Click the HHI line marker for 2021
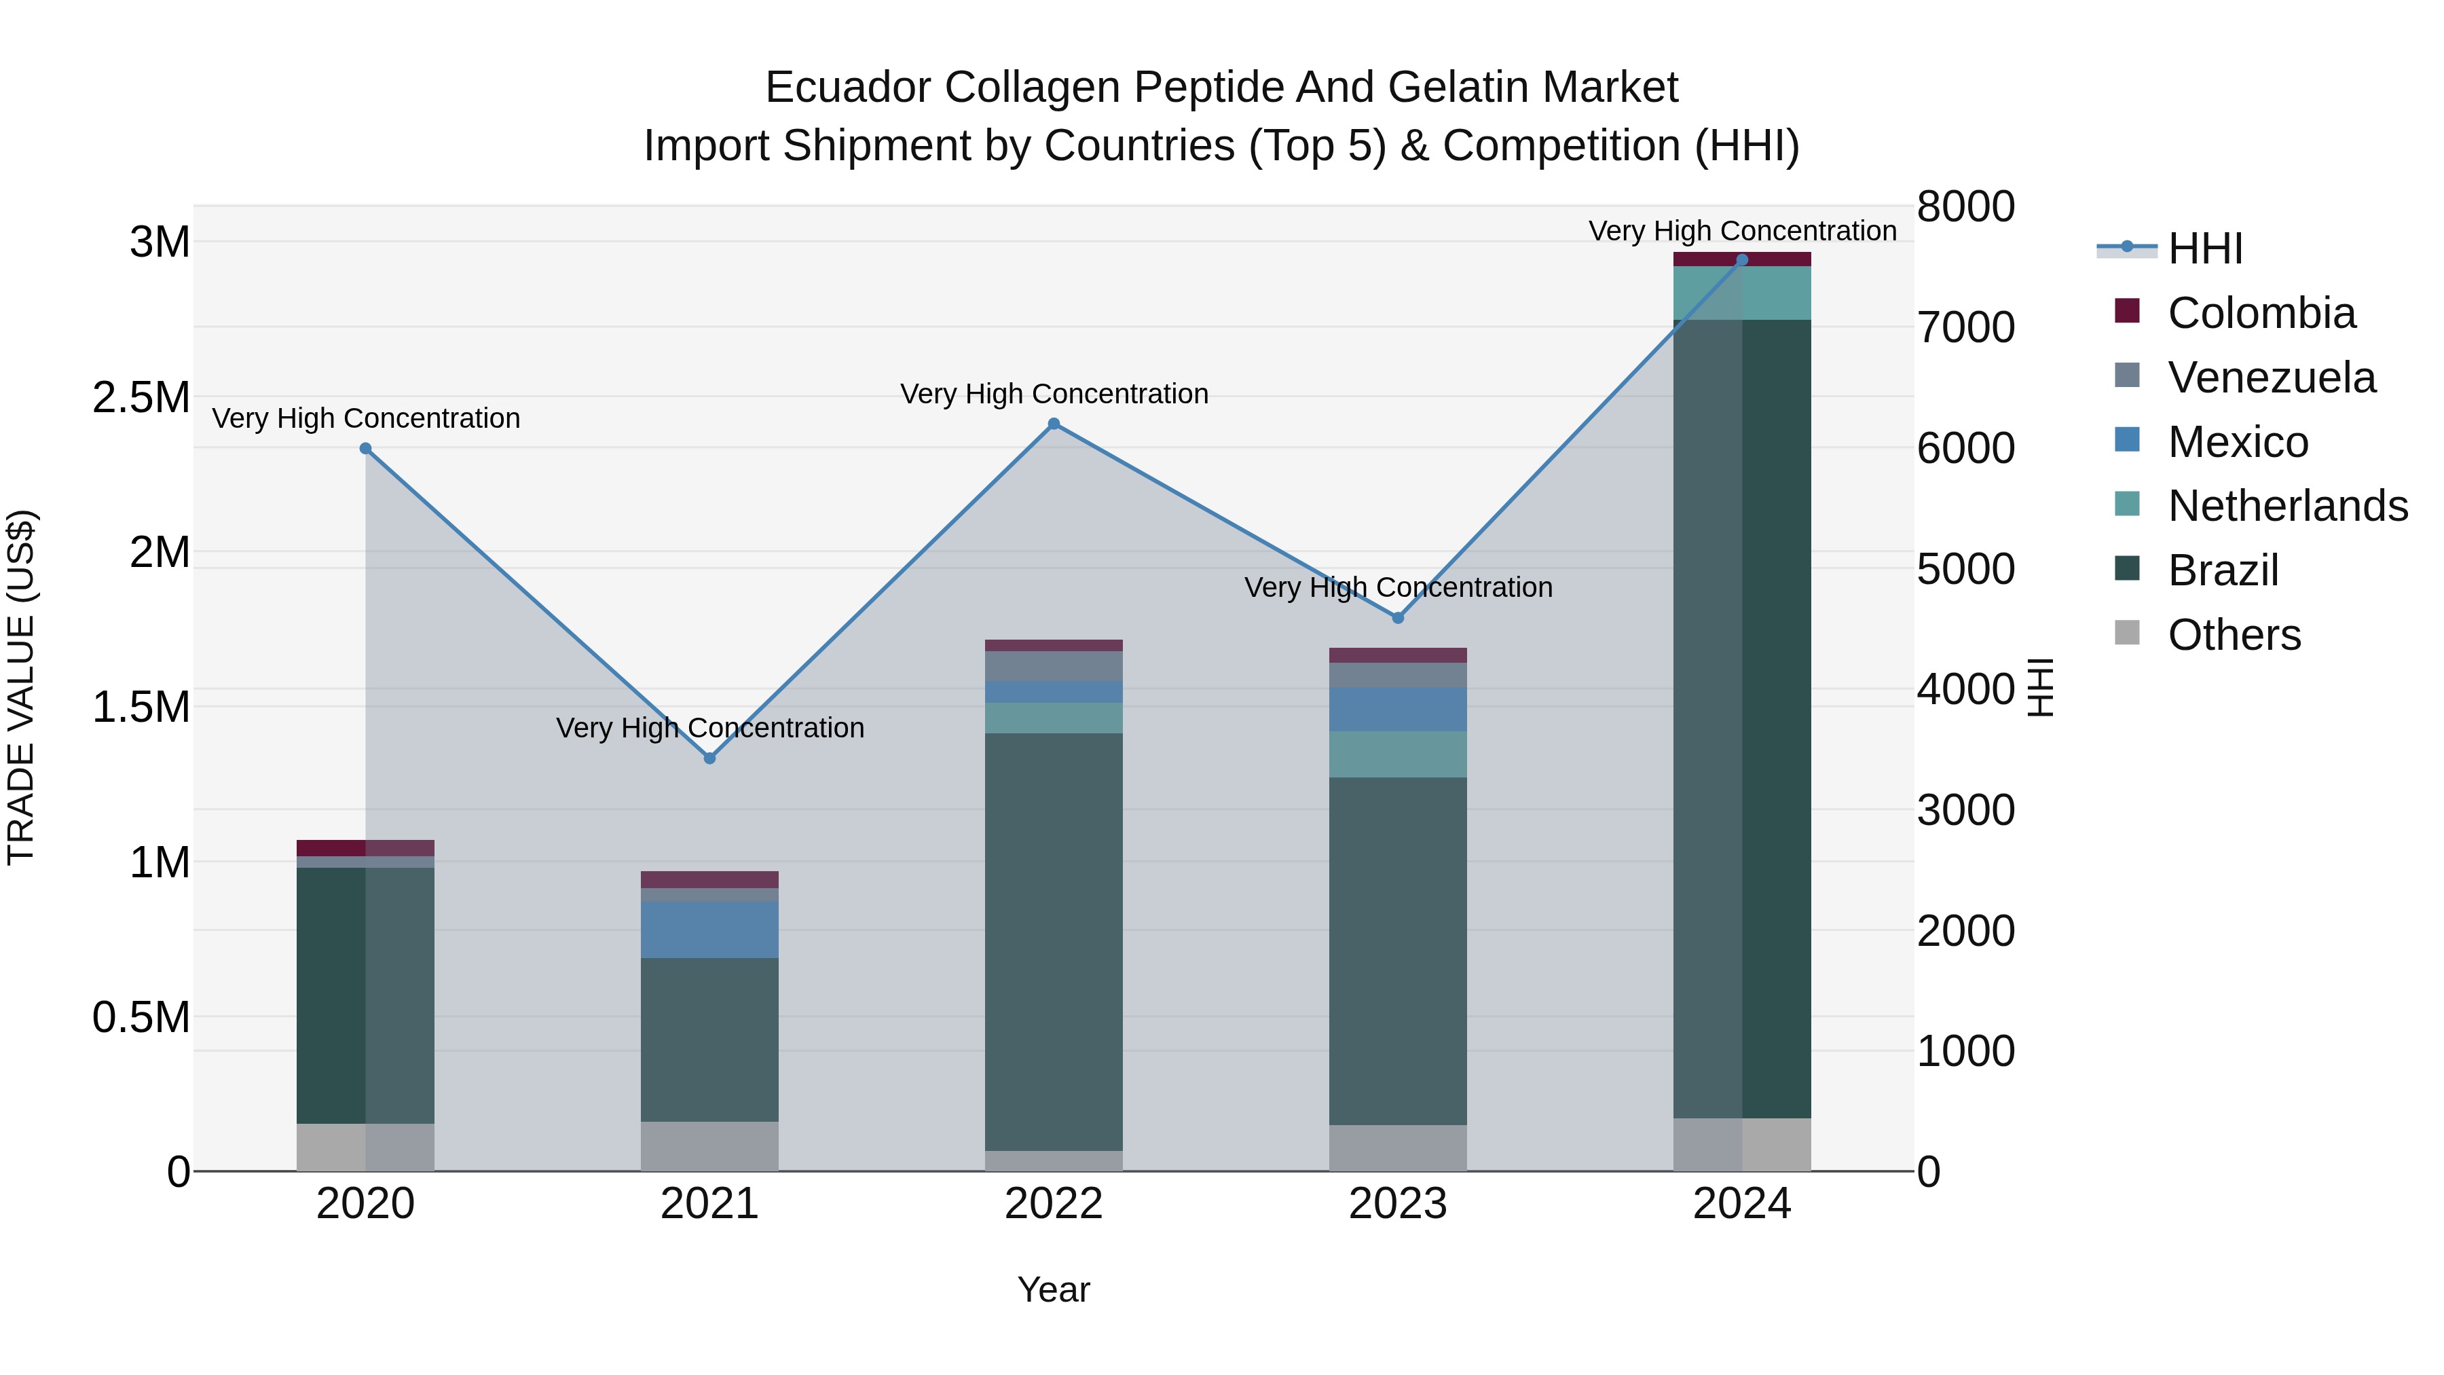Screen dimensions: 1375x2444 click(x=709, y=758)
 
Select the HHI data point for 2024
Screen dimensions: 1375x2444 click(x=1742, y=260)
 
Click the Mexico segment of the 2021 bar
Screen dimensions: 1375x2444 click(x=709, y=930)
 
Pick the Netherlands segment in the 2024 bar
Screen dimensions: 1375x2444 click(x=1742, y=293)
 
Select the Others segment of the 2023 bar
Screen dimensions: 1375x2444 click(x=1398, y=1148)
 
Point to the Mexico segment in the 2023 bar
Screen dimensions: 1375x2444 click(x=1398, y=709)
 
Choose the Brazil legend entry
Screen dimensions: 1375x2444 click(x=2223, y=570)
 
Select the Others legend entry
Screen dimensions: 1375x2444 click(x=2234, y=635)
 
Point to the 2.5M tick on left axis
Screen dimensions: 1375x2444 click(x=141, y=397)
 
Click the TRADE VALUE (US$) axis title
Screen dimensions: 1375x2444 click(x=21, y=687)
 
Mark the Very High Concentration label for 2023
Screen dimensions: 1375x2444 click(x=1398, y=587)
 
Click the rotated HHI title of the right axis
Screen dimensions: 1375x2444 click(x=2040, y=687)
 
